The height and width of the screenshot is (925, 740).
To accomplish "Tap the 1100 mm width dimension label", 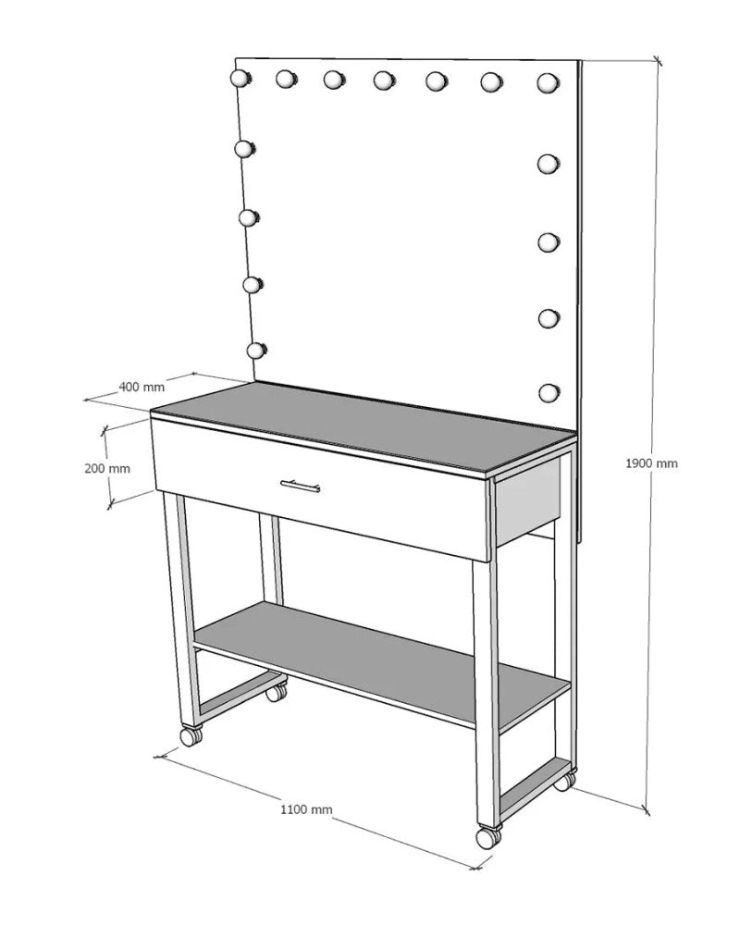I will click(306, 809).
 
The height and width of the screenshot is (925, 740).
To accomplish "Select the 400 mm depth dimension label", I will click(142, 386).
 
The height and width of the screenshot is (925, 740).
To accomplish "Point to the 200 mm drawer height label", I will click(106, 468).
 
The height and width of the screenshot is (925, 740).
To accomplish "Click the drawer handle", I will click(301, 484).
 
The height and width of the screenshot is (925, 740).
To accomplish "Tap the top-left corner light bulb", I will click(240, 79).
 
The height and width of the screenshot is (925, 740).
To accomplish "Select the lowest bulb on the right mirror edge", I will click(549, 393).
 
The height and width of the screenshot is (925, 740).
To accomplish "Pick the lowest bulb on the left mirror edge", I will click(254, 351).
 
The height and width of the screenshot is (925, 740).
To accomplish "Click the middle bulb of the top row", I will click(384, 81).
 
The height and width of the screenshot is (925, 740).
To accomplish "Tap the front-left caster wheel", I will click(191, 736).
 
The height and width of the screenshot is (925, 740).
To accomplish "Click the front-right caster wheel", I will click(487, 836).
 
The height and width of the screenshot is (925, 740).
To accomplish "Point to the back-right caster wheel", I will click(562, 782).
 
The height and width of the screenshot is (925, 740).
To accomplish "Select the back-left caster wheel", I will click(276, 692).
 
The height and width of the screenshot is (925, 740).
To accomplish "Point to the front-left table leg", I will click(182, 610).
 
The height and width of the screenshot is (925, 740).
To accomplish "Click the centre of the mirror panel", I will click(398, 231).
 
